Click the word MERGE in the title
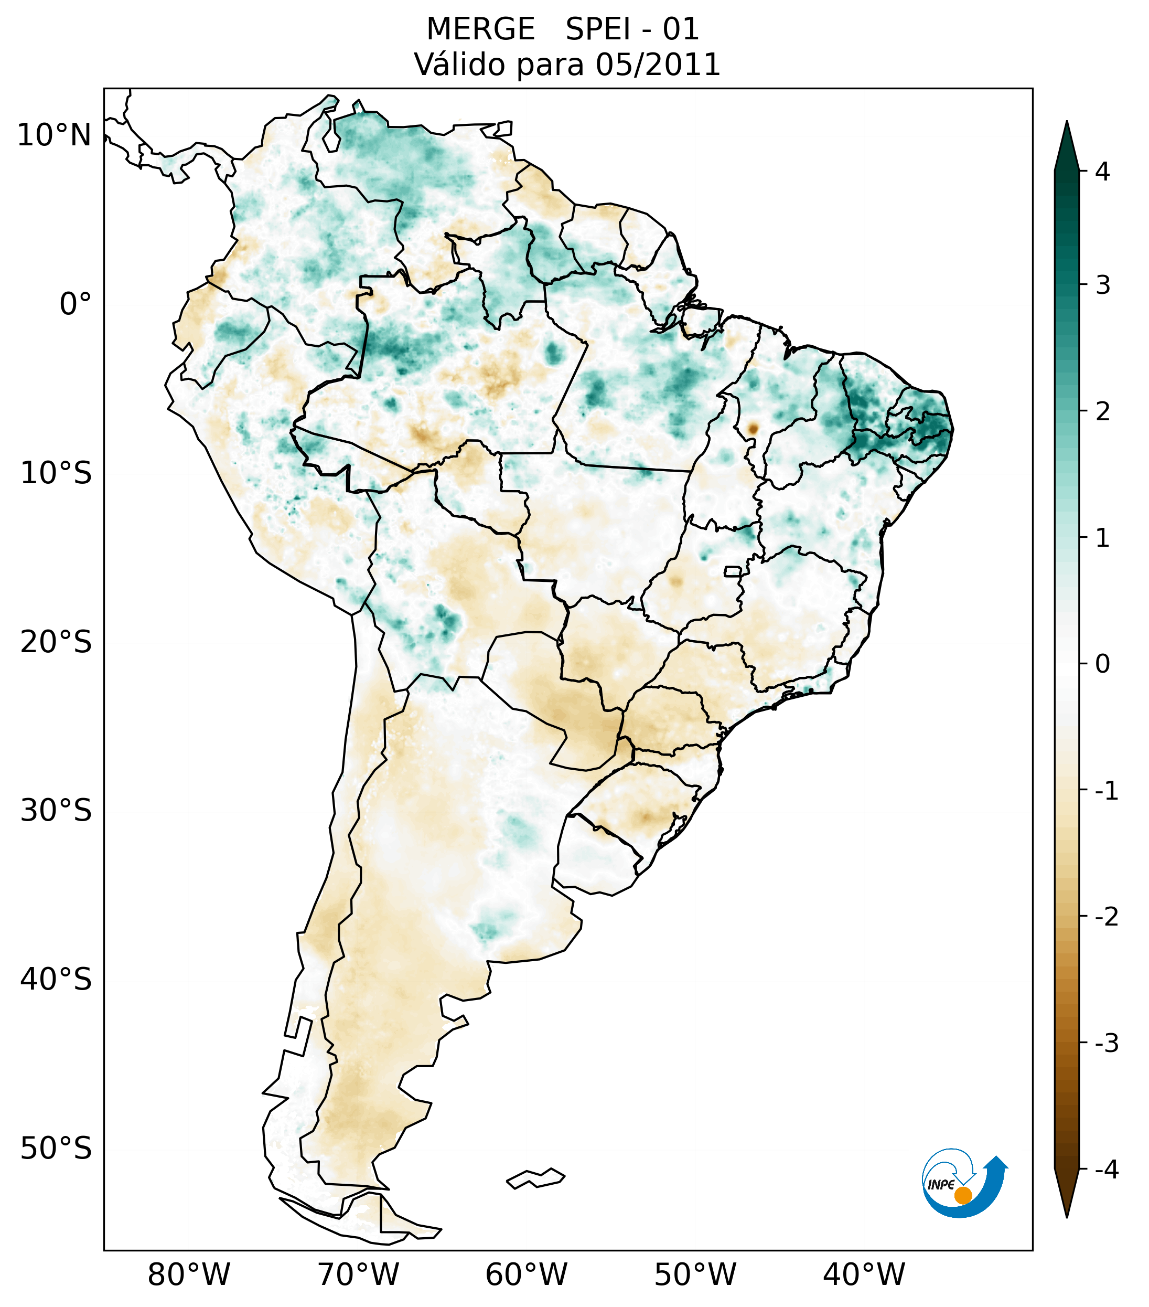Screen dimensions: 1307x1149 pyautogui.click(x=480, y=29)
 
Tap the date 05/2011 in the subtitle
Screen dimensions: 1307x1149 pyautogui.click(x=658, y=65)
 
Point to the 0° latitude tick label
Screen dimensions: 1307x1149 pyautogui.click(x=76, y=304)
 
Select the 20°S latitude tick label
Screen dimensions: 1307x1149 pyautogui.click(x=56, y=642)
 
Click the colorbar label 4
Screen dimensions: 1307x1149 pyautogui.click(x=1102, y=172)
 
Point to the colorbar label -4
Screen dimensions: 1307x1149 pyautogui.click(x=1106, y=1170)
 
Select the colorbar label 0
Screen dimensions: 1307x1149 pyautogui.click(x=1102, y=664)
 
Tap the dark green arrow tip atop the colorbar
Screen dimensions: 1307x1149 pyautogui.click(x=1067, y=146)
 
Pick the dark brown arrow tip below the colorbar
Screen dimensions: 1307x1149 pyautogui.click(x=1067, y=1193)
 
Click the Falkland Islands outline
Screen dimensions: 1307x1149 pyautogui.click(x=535, y=1178)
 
